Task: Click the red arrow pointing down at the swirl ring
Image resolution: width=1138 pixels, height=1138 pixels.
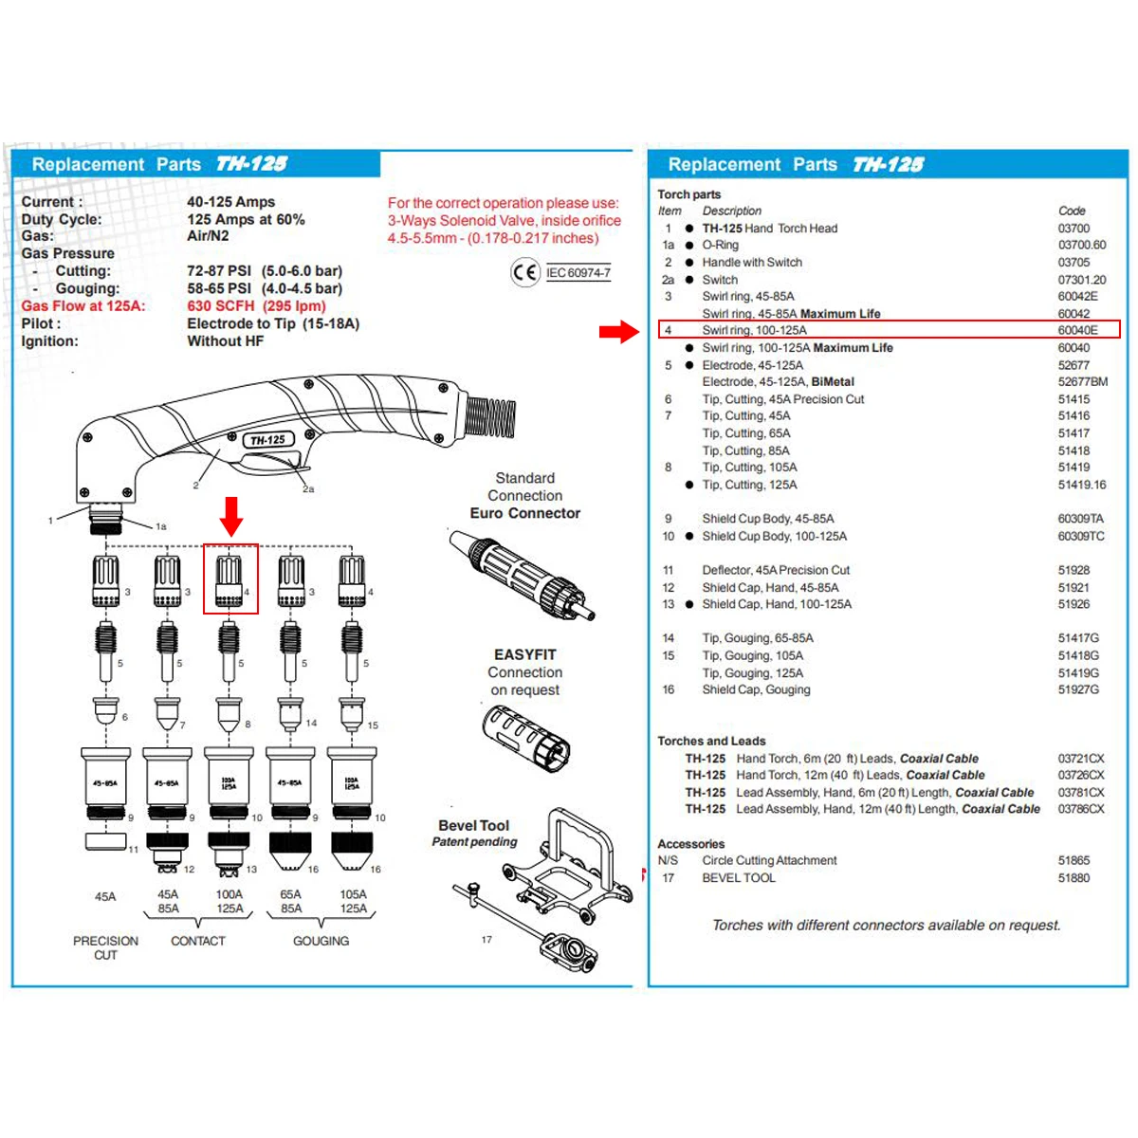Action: pos(231,516)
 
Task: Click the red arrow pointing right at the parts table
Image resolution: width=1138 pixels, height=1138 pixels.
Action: pos(619,331)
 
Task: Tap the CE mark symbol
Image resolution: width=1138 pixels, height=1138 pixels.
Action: pos(524,273)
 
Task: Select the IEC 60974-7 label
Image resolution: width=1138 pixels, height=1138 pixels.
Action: pos(578,273)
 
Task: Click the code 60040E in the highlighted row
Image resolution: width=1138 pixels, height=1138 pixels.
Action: pos(1077,330)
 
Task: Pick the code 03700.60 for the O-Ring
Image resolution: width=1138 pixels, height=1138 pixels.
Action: pos(1082,245)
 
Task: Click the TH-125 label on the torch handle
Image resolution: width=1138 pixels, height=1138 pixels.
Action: pos(267,440)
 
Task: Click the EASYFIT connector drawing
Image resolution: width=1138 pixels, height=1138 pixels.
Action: pos(526,739)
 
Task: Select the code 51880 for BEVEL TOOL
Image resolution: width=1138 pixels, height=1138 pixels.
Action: pos(1074,878)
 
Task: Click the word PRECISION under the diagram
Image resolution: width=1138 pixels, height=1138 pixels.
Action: pos(105,941)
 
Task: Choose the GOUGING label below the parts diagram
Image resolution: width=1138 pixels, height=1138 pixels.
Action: pos(321,941)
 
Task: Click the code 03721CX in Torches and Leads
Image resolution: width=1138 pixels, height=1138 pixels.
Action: pos(1081,759)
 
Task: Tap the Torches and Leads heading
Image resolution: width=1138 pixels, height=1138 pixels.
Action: pos(711,742)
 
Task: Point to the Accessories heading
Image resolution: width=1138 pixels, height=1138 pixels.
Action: pos(690,844)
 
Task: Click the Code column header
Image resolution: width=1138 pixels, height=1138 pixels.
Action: pos(1072,211)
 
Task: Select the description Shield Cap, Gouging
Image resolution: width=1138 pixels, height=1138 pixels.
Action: pos(756,689)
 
